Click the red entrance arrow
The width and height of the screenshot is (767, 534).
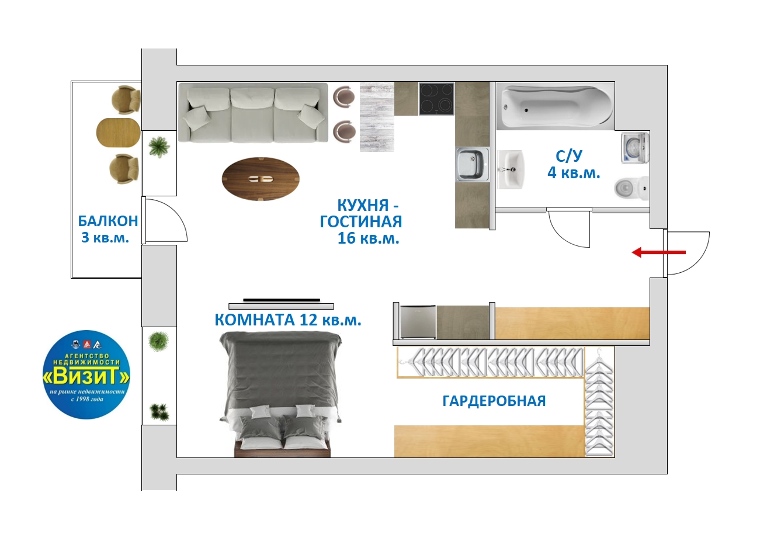pos(658,252)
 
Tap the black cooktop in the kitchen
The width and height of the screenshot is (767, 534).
pos(436,99)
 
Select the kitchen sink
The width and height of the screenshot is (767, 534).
pos(472,164)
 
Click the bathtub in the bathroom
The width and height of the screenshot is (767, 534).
pos(556,106)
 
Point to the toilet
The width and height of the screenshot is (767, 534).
pos(631,188)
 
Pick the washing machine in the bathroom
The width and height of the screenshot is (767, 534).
pos(635,148)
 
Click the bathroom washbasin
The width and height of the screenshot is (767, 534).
pos(510,169)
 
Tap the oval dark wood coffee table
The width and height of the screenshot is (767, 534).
pos(261,179)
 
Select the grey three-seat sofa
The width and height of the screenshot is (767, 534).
pos(253,113)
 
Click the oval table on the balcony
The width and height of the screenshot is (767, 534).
pos(118,132)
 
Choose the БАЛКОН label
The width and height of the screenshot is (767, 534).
pos(108,221)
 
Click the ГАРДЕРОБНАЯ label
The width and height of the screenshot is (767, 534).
pos(494,401)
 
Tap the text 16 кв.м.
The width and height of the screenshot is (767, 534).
pos(369,238)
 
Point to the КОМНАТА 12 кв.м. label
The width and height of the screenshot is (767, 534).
pos(288,320)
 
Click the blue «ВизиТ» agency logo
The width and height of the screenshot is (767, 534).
pos(86,375)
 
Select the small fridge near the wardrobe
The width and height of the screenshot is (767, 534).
pos(418,322)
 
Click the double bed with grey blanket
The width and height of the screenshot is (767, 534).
pos(280,394)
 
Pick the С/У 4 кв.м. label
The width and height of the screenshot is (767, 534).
pos(574,164)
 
